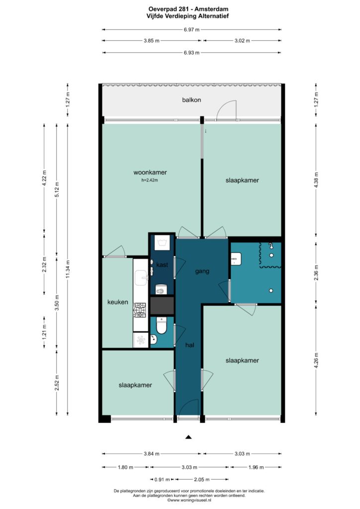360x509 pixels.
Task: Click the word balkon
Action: click(x=191, y=100)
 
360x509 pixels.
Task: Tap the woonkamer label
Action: click(x=150, y=172)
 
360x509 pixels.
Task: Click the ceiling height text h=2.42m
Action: click(x=150, y=180)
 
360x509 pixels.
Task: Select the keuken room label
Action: click(x=117, y=302)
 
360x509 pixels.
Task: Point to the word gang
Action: click(x=202, y=271)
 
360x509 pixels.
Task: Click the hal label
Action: click(x=189, y=345)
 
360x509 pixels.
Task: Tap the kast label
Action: click(x=162, y=265)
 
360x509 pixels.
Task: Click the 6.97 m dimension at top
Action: click(x=191, y=29)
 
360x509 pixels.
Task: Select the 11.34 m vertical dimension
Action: click(x=68, y=269)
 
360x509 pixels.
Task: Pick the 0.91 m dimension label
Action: click(x=162, y=479)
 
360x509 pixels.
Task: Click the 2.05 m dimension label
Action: click(x=201, y=479)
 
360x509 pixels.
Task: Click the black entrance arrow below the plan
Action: click(x=188, y=437)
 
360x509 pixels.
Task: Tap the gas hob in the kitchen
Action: click(x=140, y=310)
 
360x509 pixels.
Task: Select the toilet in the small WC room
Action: click(x=161, y=326)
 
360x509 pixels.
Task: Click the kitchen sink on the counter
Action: click(x=141, y=277)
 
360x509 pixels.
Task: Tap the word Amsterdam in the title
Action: click(x=211, y=9)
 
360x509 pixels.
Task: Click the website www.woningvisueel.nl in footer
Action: click(x=189, y=500)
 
